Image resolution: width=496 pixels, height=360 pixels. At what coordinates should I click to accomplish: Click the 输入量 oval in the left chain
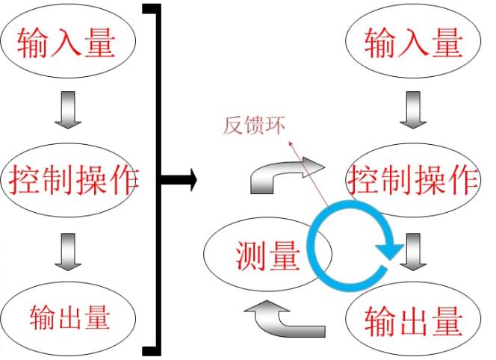point(67,43)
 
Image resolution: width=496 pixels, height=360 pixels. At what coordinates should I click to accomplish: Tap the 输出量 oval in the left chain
point(67,317)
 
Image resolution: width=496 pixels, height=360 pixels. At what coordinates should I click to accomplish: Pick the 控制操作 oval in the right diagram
point(413,179)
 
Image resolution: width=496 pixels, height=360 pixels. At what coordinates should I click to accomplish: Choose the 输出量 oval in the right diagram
point(413,320)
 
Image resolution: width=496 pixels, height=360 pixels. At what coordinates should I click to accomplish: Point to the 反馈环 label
point(254,126)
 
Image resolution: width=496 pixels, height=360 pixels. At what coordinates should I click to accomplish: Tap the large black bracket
point(156,179)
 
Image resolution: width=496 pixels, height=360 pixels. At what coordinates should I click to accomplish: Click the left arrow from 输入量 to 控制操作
point(67,111)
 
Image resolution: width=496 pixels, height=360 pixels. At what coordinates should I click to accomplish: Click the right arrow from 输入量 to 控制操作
point(413,111)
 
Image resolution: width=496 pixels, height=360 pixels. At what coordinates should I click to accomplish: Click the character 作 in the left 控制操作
point(124,180)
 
